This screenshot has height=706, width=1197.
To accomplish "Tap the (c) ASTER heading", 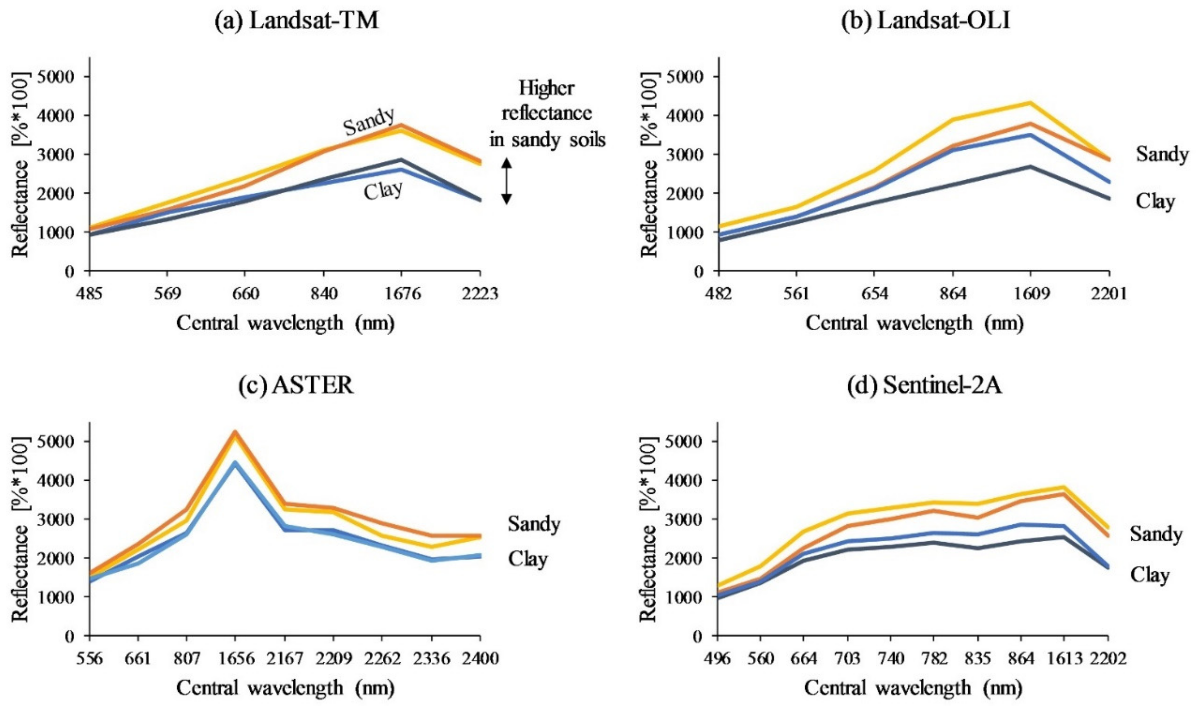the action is (x=296, y=386).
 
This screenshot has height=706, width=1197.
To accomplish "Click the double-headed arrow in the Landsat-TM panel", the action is (x=507, y=181).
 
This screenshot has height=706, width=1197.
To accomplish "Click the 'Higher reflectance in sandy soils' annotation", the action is (x=547, y=114).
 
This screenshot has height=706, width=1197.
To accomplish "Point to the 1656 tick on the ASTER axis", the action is (x=235, y=659).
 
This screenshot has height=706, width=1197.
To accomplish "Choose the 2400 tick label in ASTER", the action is (x=479, y=659).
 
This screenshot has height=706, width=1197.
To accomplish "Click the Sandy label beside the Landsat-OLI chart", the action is (x=1162, y=154).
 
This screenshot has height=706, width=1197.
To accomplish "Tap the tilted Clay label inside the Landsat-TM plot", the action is (x=383, y=191).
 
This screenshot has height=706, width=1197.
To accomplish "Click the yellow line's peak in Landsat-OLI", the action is (x=1031, y=103).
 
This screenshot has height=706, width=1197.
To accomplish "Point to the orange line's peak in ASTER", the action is (x=235, y=432).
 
